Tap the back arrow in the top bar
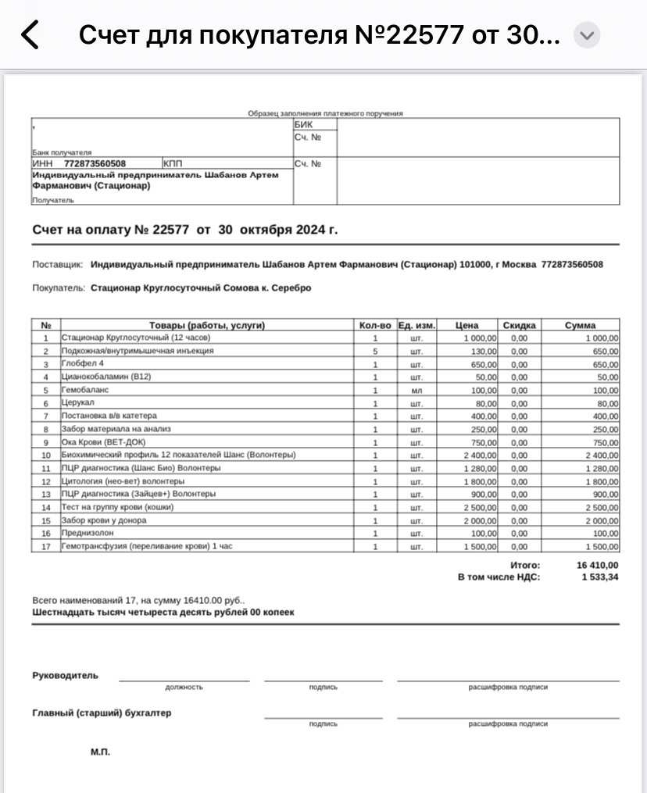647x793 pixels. (30, 35)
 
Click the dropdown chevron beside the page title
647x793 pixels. (587, 35)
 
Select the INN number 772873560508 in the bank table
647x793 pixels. (95, 163)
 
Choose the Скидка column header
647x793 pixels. (519, 325)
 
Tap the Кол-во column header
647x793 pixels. (375, 325)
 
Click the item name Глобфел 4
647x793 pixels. (82, 364)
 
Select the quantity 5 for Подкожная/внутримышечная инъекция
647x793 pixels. (375, 351)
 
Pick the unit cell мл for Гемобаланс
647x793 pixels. (416, 390)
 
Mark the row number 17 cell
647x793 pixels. (46, 546)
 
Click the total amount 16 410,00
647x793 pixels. (598, 565)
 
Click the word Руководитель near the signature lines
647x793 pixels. (65, 675)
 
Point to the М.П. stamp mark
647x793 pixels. (101, 752)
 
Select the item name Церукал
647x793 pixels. (78, 403)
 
